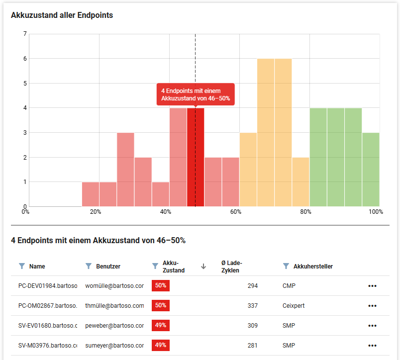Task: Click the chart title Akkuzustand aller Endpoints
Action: [62, 15]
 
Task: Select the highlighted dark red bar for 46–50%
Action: [196, 157]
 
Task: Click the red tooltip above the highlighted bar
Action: [195, 94]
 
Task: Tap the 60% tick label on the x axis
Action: [236, 212]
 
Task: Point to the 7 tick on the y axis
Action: [25, 34]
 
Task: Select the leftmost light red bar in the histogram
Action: [91, 194]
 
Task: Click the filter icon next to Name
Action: [21, 266]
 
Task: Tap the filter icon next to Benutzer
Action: [89, 266]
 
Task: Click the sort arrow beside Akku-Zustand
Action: [203, 267]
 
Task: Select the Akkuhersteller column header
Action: [313, 267]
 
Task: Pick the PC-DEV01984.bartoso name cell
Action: [48, 286]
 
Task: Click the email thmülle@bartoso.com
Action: [114, 306]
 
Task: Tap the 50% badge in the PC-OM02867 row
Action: [161, 305]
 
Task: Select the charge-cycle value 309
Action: [253, 326]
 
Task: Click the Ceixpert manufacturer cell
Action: [293, 306]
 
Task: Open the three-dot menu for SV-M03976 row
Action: [372, 346]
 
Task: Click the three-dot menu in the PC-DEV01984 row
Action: [372, 286]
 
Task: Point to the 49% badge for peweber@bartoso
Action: [161, 325]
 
